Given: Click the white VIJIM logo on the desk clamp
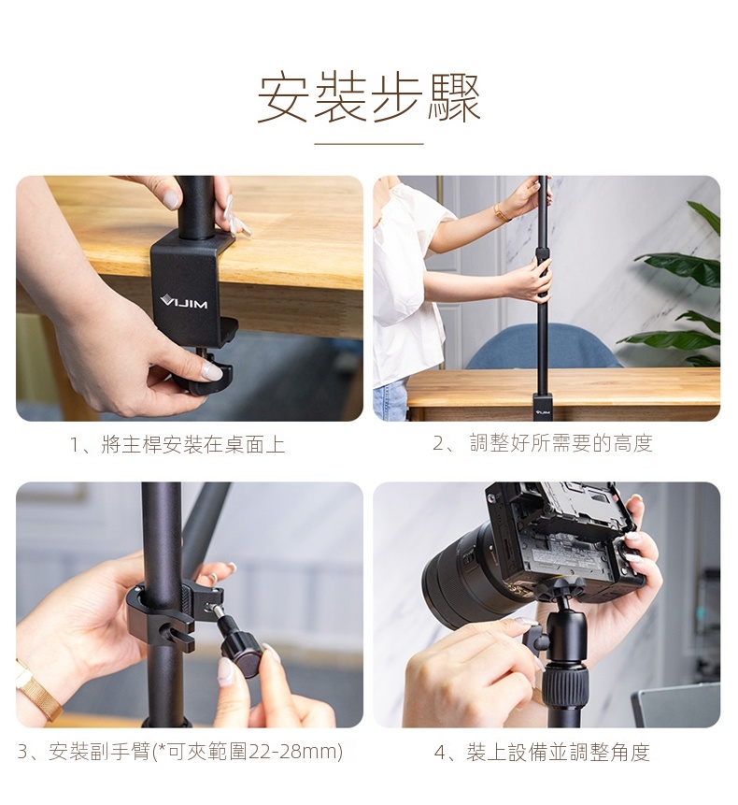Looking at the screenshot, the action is pos(184,302).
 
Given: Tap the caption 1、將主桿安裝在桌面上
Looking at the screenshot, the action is pos(177,445).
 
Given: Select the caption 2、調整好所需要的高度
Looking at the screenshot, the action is pos(542,443).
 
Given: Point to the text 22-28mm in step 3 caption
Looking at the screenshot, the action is pos(295,752).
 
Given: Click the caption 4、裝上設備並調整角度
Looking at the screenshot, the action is pos(542,753).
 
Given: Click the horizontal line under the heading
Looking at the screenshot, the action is pos(369,144).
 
